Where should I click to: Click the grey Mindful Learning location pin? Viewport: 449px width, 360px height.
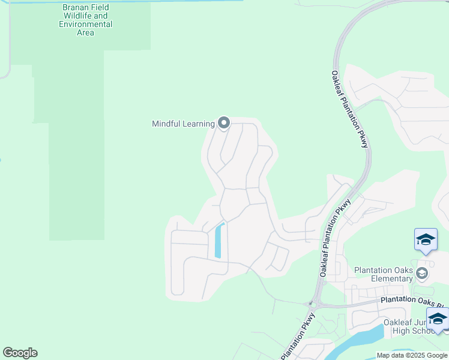pos(224,123)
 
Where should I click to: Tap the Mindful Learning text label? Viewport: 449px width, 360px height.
pos(183,124)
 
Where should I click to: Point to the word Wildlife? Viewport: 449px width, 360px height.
pos(77,16)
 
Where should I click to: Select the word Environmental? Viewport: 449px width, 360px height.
pos(85,24)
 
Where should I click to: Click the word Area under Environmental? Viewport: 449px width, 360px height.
pos(85,32)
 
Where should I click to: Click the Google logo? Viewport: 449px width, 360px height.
pos(20,353)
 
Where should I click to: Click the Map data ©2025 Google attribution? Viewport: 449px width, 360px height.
pos(412,355)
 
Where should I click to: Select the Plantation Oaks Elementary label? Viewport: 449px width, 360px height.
pos(384,274)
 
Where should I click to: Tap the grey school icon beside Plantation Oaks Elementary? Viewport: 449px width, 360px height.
pos(422,274)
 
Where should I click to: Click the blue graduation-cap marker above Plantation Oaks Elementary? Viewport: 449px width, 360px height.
pos(426,240)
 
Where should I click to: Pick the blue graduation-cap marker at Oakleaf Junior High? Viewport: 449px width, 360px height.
pos(437,319)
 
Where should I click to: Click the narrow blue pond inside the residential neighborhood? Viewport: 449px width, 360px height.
pos(219,241)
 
